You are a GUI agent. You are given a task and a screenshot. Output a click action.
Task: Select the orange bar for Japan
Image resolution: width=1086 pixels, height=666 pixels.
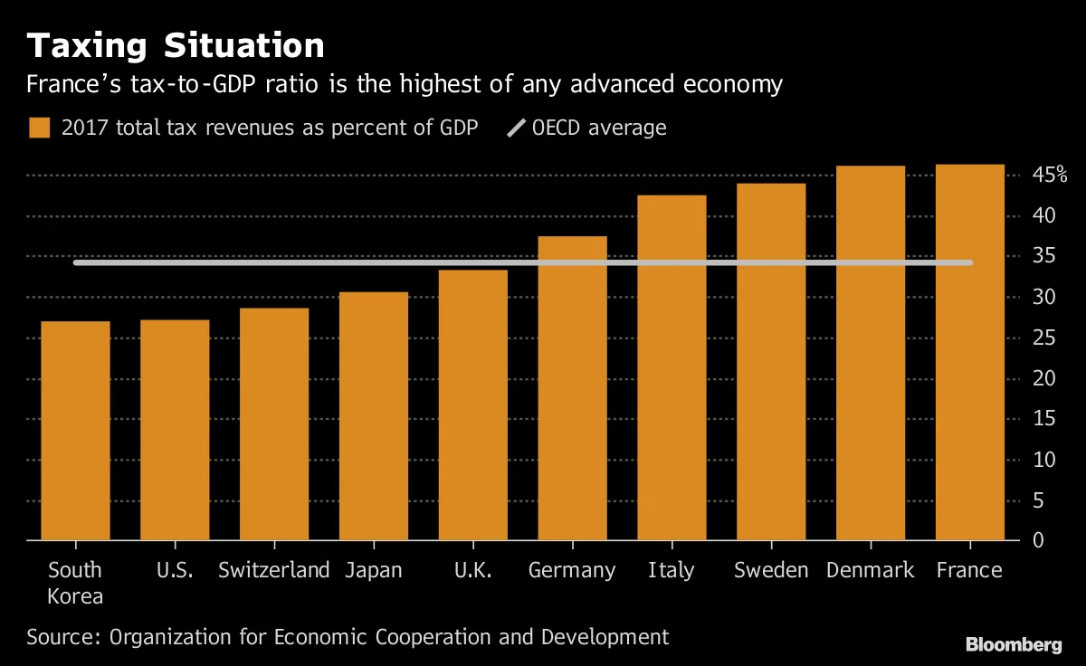click(374, 416)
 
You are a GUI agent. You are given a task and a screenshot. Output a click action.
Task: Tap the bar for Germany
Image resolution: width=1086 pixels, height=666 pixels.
click(572, 388)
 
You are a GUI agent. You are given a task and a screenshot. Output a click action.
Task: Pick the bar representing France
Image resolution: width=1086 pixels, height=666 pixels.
click(969, 352)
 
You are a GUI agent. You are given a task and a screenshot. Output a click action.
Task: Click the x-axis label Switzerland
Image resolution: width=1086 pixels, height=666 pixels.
click(274, 570)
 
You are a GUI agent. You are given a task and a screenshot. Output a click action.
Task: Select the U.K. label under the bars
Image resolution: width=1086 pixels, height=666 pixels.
click(472, 570)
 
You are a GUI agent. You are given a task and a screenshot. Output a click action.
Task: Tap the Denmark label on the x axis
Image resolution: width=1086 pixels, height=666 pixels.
click(870, 570)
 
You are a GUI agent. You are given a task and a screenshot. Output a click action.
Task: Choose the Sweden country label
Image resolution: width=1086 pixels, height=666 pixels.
click(771, 570)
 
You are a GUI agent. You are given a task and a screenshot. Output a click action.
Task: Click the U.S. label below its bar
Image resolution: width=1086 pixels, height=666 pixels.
click(175, 570)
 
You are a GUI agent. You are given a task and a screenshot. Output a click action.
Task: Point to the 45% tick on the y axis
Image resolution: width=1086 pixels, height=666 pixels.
click(1051, 176)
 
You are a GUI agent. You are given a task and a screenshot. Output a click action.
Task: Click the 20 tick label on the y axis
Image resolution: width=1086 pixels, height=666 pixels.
click(1044, 378)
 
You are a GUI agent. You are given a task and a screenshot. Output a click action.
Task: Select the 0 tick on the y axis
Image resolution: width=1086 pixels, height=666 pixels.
click(1038, 540)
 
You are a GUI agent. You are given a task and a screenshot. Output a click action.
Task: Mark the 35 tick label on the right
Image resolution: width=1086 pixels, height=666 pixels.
click(1044, 256)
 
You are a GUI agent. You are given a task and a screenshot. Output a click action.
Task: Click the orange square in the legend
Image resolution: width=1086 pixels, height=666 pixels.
click(39, 128)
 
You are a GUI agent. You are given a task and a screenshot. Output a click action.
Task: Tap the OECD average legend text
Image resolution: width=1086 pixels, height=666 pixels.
click(599, 128)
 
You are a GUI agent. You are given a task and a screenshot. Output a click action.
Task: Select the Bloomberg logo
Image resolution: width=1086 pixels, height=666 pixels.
click(1014, 644)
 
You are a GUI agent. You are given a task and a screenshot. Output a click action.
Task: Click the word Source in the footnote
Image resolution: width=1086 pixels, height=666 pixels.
click(63, 636)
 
